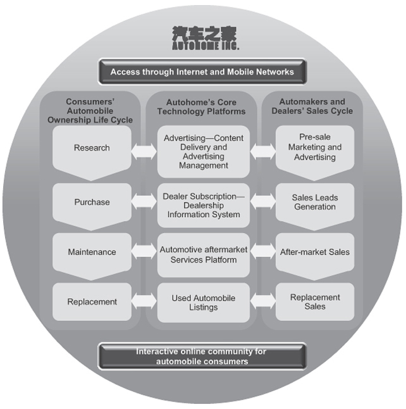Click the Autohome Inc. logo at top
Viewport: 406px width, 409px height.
pos(202,38)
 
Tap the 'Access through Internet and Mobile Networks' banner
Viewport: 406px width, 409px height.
pos(202,72)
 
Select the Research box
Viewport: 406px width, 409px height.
pos(92,148)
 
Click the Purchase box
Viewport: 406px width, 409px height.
pos(92,203)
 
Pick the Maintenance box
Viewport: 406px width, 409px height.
pos(92,252)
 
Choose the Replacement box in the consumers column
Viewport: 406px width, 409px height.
pos(92,302)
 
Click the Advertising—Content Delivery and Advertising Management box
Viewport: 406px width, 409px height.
pos(203,152)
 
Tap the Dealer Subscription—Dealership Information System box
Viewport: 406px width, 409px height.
pos(203,206)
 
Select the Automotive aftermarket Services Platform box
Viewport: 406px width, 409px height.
pos(203,255)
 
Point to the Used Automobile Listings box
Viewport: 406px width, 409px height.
pos(203,303)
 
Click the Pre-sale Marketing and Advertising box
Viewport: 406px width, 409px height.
pos(314,148)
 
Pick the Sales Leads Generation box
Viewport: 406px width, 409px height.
pos(314,202)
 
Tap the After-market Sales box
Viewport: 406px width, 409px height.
pos(314,252)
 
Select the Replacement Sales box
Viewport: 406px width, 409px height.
pos(314,302)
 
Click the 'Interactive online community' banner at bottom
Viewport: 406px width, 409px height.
pos(202,356)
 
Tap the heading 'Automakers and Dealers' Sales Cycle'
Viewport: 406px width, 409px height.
pos(314,106)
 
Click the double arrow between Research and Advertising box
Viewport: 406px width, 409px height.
pos(144,152)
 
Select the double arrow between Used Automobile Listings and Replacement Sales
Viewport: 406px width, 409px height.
pos(262,302)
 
